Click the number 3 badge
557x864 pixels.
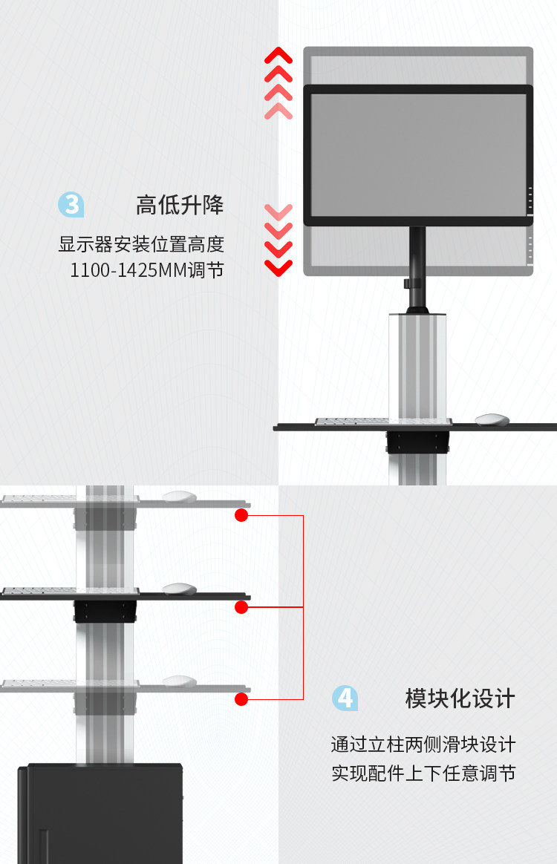click(71, 204)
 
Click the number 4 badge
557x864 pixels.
click(345, 698)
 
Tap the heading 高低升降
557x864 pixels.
click(180, 205)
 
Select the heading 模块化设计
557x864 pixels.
click(460, 698)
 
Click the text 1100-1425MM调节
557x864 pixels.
click(147, 270)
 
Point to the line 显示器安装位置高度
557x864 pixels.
click(141, 244)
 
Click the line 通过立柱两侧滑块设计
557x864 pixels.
click(423, 744)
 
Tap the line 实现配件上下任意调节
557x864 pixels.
click(423, 773)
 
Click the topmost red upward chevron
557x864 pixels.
click(278, 55)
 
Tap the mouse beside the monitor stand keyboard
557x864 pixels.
click(492, 419)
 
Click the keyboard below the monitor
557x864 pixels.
click(352, 422)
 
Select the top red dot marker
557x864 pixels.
click(241, 515)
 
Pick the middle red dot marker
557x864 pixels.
click(241, 607)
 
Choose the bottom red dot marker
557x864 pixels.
click(241, 698)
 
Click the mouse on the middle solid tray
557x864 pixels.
click(179, 589)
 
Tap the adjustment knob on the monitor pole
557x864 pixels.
click(407, 284)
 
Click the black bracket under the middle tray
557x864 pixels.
click(105, 612)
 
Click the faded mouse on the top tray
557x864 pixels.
click(179, 497)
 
